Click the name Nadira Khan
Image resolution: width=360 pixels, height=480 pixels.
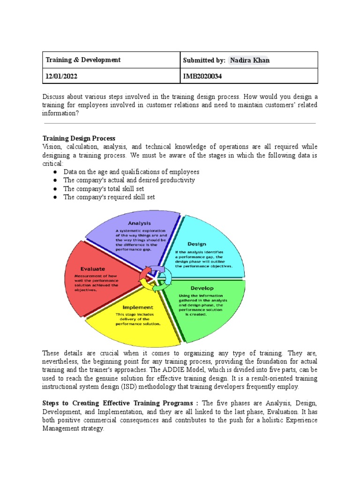(250, 60)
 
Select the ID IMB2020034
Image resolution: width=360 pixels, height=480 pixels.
(202, 76)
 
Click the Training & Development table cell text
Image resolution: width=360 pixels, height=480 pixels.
(83, 60)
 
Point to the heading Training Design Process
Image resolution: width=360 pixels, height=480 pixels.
(79, 138)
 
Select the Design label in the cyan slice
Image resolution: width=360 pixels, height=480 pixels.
(197, 244)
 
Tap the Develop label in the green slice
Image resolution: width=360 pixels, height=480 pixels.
(202, 288)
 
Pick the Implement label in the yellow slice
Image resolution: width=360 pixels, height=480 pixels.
(137, 307)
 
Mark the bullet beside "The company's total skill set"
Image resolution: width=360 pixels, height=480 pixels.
(55, 189)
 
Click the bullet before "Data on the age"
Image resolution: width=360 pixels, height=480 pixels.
(55, 172)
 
